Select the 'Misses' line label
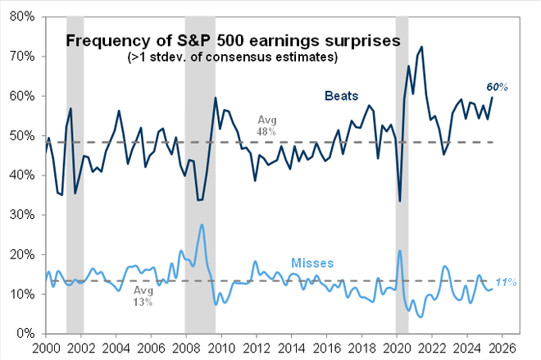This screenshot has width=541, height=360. [312, 263]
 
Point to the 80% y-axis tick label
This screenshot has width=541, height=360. [22, 17]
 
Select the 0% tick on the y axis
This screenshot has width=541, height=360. [25, 334]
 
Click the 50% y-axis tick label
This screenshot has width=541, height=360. [22, 136]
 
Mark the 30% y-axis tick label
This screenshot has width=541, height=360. [22, 215]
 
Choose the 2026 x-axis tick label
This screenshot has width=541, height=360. [502, 347]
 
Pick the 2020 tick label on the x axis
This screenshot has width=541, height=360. [397, 347]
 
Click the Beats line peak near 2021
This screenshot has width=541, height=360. [421, 47]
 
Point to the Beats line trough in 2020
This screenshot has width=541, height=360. [399, 201]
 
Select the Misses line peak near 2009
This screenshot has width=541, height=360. [202, 225]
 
